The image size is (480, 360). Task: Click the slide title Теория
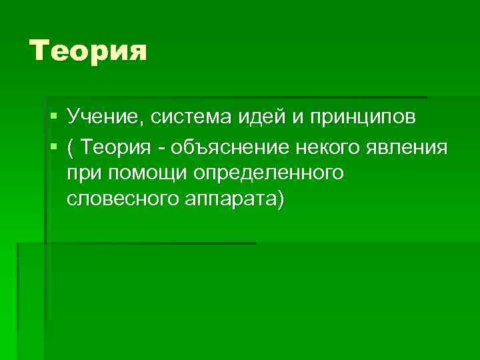click(x=87, y=50)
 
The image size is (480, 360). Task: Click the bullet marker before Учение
click(x=53, y=118)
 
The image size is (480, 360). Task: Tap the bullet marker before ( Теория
click(x=53, y=145)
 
